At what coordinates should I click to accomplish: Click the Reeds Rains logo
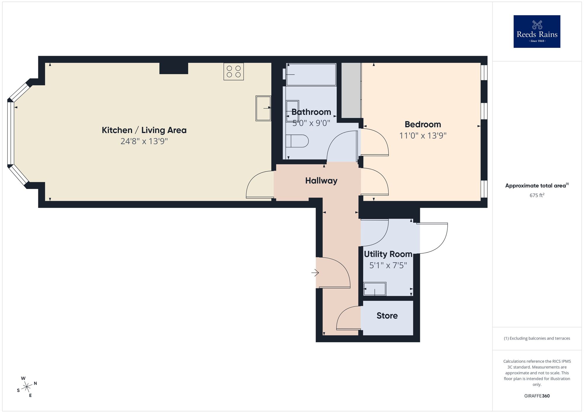point(537,32)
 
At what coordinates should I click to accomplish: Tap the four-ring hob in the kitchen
point(234,72)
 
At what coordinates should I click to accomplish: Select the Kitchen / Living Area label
point(144,130)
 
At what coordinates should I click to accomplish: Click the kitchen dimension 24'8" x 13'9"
point(144,142)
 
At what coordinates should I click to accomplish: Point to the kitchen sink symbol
point(263,108)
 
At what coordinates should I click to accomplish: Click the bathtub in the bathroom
point(311,75)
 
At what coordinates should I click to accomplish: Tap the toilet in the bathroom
point(297,141)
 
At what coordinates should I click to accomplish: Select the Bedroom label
point(423,124)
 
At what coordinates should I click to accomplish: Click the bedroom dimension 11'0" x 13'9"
point(423,136)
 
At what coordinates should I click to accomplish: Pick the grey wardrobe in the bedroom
point(351,90)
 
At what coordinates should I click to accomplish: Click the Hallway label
point(321,181)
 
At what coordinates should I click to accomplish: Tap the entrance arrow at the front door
point(315,273)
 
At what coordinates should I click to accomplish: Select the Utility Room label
point(388,254)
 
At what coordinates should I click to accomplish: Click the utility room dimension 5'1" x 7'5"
point(388,265)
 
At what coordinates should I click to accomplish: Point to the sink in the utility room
point(375,289)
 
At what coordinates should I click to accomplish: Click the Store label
point(387,316)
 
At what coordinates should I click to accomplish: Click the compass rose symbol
point(27,387)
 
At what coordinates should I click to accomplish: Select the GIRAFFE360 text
point(537,396)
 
